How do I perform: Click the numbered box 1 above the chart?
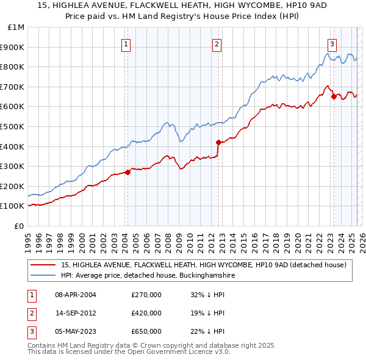126,43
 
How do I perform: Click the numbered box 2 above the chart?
217,43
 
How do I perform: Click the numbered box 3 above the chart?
332,43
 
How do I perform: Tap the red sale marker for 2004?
127,172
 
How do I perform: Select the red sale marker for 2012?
218,142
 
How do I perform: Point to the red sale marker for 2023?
334,96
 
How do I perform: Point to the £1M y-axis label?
16,27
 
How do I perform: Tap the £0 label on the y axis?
20,226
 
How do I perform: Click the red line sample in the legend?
43,265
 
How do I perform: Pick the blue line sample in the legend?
43,275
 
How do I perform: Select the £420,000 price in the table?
146,313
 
